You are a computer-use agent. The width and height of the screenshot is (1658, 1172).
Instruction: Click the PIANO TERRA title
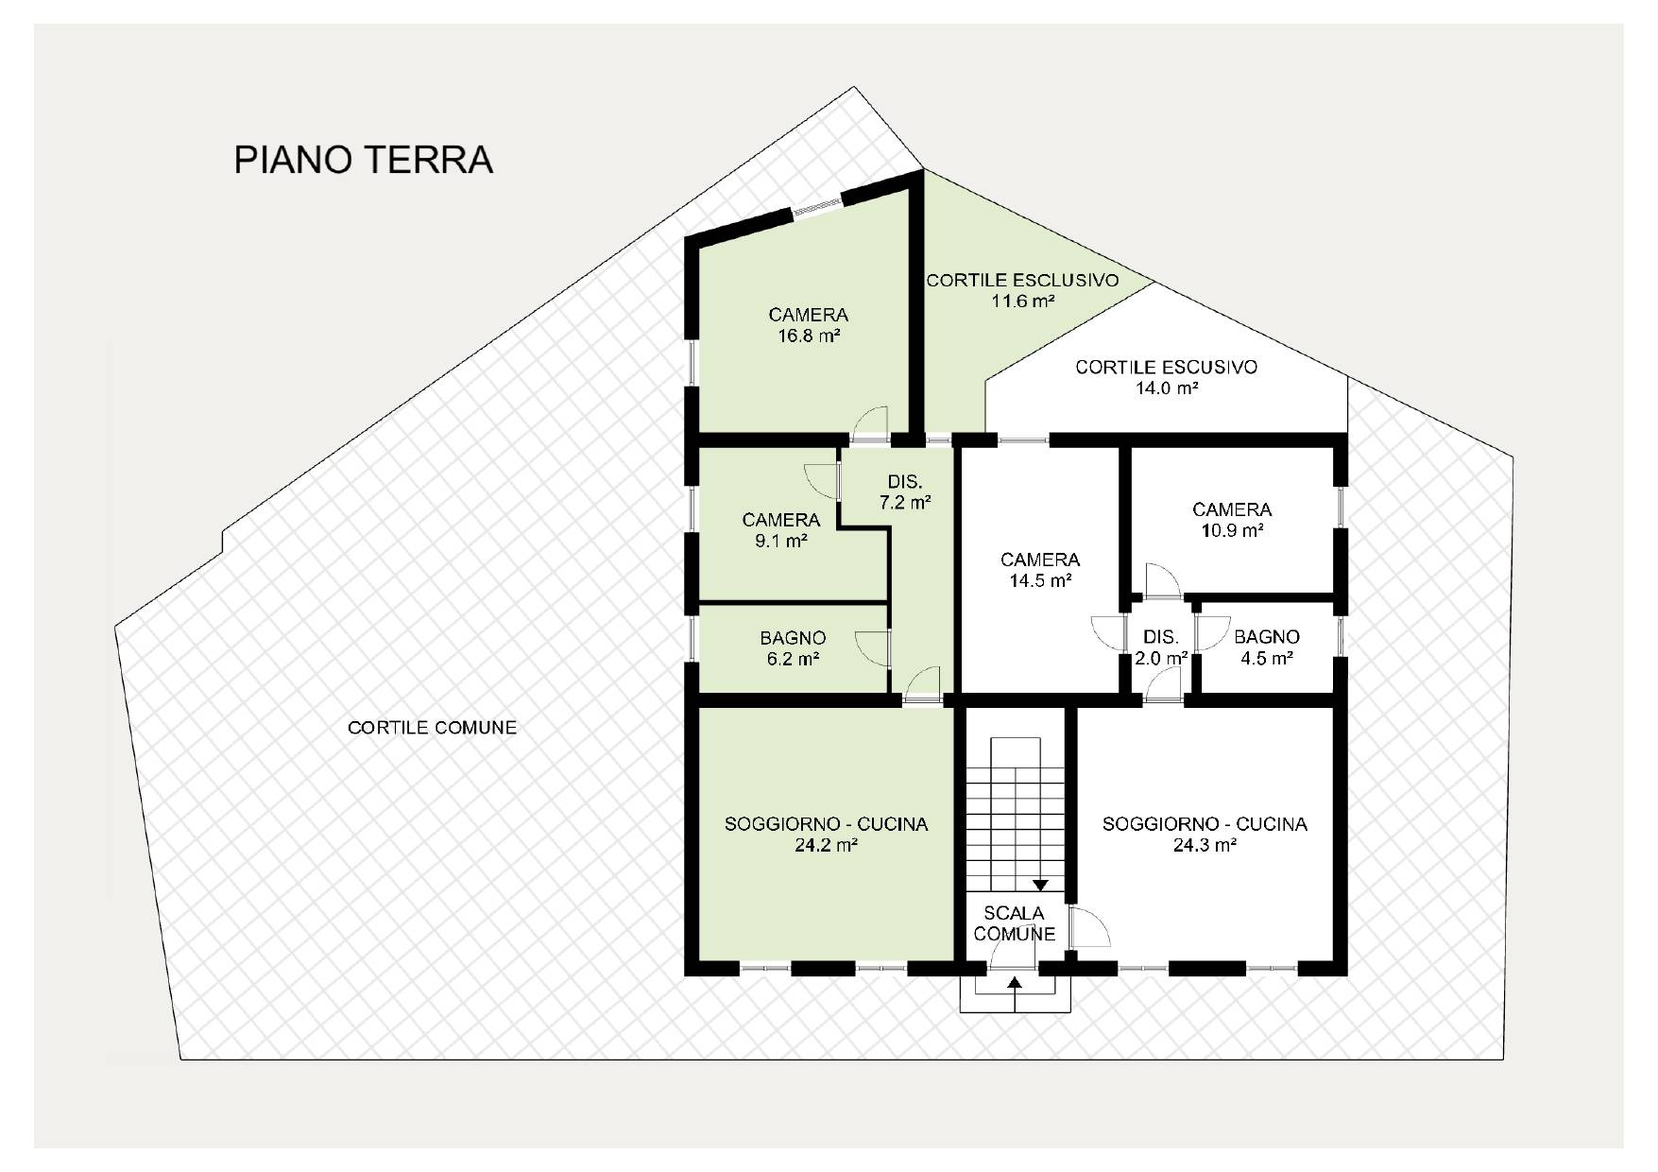[x=364, y=160]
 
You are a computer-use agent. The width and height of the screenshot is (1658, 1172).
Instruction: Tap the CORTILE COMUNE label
[x=433, y=728]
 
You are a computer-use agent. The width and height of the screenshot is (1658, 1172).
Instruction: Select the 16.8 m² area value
[x=810, y=336]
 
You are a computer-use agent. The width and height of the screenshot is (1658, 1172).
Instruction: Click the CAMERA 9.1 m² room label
[x=781, y=530]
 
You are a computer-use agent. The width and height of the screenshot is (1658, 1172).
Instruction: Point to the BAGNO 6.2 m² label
[x=794, y=648]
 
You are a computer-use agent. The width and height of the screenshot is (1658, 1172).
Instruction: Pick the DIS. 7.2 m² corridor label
[x=905, y=491]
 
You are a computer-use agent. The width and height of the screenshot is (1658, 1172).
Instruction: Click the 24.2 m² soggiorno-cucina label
[x=827, y=835]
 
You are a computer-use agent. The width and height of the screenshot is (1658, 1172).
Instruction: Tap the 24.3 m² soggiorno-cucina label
[x=1205, y=835]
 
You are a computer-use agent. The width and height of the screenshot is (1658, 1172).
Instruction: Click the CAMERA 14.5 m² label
[x=1040, y=570]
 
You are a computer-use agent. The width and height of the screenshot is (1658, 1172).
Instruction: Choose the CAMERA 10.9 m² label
[x=1232, y=520]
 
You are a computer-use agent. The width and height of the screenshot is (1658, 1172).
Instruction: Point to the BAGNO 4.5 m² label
[x=1267, y=647]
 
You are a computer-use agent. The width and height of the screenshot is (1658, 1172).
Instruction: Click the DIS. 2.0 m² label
[x=1161, y=647]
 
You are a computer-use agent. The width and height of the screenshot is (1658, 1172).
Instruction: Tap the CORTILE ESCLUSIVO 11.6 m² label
[x=1022, y=291]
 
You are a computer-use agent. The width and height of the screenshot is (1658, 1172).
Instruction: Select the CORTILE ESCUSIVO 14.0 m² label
[x=1167, y=377]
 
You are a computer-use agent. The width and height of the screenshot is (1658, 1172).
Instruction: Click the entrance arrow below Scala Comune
[x=1015, y=994]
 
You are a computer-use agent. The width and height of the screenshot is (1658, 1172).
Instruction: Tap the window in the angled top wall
[x=816, y=206]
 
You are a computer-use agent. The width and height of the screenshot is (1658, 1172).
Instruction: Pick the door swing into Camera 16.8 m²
[x=870, y=422]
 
